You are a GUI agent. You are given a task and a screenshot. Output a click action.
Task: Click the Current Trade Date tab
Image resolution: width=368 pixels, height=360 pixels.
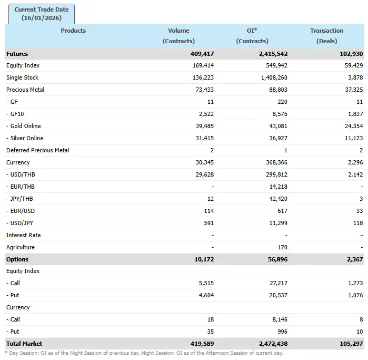click(x=42, y=14)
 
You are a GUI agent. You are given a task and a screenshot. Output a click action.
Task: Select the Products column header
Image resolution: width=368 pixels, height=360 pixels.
click(x=73, y=31)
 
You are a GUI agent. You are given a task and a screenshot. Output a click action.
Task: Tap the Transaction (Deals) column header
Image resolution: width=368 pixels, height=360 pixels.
click(x=326, y=35)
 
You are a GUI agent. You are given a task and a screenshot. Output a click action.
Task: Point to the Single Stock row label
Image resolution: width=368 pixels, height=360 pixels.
click(x=22, y=77)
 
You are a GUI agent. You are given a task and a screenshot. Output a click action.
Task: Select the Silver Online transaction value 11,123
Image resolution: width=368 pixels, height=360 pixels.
click(x=351, y=138)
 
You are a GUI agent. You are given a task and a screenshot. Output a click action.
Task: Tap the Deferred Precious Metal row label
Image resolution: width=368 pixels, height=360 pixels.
click(x=38, y=150)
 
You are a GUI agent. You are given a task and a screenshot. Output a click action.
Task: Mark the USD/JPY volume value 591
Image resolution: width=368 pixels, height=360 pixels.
click(x=208, y=223)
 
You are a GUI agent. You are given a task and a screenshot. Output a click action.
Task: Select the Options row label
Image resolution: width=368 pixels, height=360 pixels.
click(x=17, y=259)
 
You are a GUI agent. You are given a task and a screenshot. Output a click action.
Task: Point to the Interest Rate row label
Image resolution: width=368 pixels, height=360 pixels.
click(x=23, y=235)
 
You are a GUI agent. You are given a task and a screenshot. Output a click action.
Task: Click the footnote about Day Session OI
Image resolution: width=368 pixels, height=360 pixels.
click(x=144, y=353)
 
